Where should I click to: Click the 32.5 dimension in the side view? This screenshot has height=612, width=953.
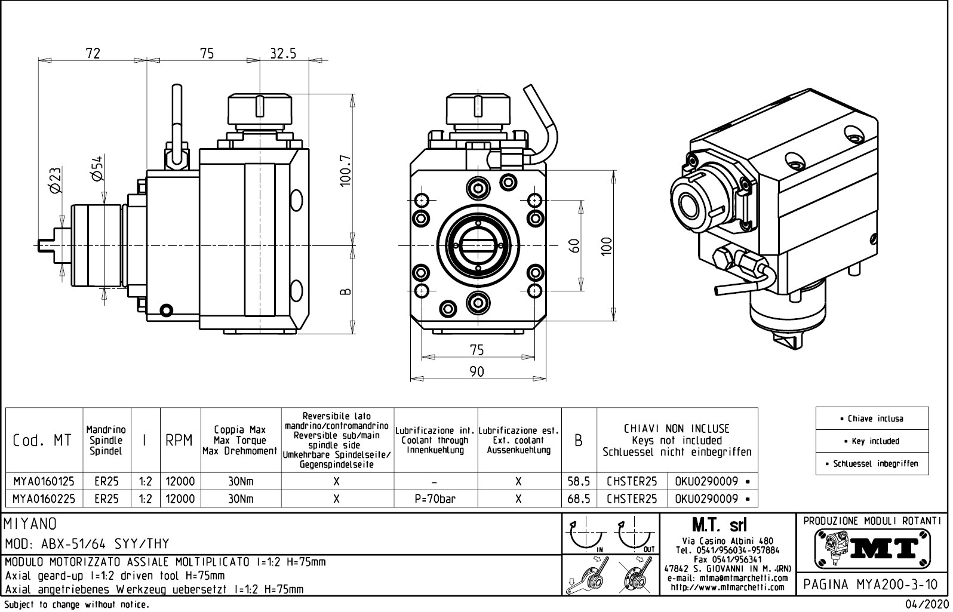[x=283, y=54]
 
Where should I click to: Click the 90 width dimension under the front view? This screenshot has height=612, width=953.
[x=476, y=372]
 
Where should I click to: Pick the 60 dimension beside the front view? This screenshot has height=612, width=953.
[x=574, y=245]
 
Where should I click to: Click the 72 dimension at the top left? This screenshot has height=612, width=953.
[x=93, y=54]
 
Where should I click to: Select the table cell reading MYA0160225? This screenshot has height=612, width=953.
[x=44, y=499]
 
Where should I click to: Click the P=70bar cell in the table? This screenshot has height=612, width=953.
[x=435, y=499]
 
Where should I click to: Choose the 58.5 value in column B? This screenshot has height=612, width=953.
[x=579, y=481]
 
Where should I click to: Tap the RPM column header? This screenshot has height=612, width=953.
[x=180, y=441]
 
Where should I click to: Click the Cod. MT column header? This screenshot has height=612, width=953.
[x=42, y=441]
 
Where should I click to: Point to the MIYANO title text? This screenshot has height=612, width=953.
[x=31, y=524]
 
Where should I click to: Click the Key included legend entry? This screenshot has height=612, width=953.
[x=872, y=441]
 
